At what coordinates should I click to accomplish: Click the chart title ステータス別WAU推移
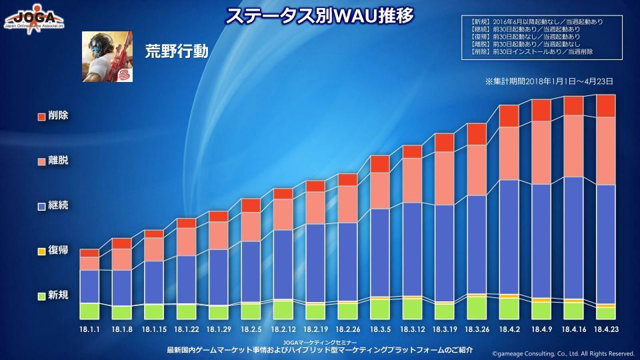319,15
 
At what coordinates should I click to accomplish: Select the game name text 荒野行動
172,51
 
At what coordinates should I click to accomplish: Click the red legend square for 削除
41,117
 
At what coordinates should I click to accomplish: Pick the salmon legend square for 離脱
41,162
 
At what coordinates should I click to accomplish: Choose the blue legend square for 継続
41,207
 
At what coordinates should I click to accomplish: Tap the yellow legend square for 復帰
41,251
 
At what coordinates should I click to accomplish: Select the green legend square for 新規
41,296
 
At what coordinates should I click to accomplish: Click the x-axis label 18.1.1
89,329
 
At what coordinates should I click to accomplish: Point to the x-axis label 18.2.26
347,329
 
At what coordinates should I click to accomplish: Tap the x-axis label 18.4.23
605,329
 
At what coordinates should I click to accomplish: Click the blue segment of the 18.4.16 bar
573,237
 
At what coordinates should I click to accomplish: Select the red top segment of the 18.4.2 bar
509,116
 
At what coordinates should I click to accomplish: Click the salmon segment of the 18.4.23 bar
605,151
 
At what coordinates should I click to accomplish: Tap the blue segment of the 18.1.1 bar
89,286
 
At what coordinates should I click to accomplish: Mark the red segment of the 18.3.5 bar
380,164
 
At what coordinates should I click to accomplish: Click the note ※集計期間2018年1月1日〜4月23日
549,81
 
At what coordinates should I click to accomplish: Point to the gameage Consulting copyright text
563,353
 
